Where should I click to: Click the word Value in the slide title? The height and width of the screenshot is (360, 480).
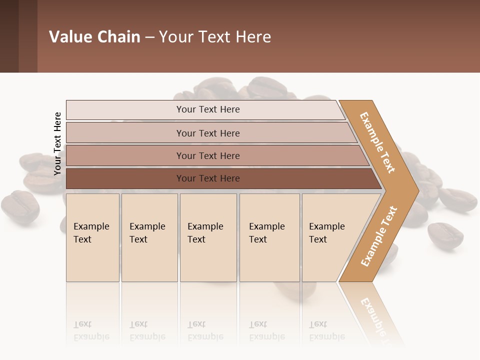[x=70, y=37]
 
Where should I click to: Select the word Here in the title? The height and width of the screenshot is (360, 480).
[x=253, y=37]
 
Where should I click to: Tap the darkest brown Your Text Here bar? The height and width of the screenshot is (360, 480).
[x=208, y=178]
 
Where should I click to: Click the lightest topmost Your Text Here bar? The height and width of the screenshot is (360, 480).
[x=208, y=109]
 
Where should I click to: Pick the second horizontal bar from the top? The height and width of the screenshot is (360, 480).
[x=208, y=133]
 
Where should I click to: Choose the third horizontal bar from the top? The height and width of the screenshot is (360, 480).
[x=208, y=155]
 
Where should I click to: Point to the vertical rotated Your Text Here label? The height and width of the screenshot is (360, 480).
[x=57, y=143]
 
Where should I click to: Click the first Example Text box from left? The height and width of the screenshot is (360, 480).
[x=92, y=237]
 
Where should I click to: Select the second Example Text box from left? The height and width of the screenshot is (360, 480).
[x=149, y=237]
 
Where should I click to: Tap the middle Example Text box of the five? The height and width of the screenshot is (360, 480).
[x=208, y=237]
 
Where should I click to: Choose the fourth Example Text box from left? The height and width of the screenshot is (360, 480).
[x=269, y=237]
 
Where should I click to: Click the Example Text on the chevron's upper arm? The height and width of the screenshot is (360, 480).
[x=377, y=142]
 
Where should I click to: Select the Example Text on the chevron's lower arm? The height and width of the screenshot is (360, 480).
[x=379, y=236]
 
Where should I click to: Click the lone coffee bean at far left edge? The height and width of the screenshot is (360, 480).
[x=20, y=206]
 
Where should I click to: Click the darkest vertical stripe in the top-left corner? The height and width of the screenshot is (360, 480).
[x=9, y=36]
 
